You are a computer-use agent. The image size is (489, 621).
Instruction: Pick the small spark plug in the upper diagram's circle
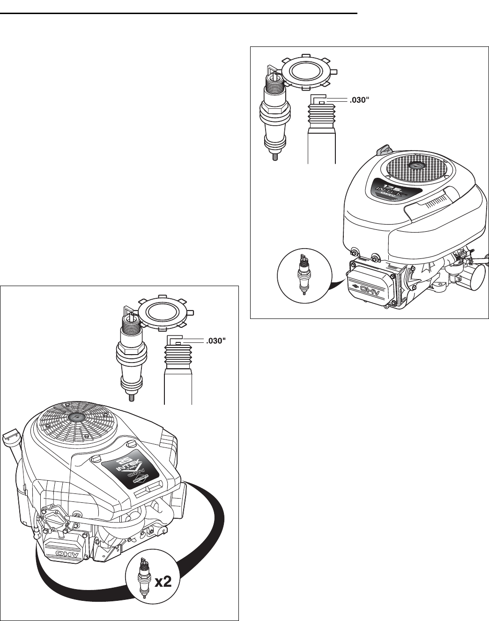point(304,274)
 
